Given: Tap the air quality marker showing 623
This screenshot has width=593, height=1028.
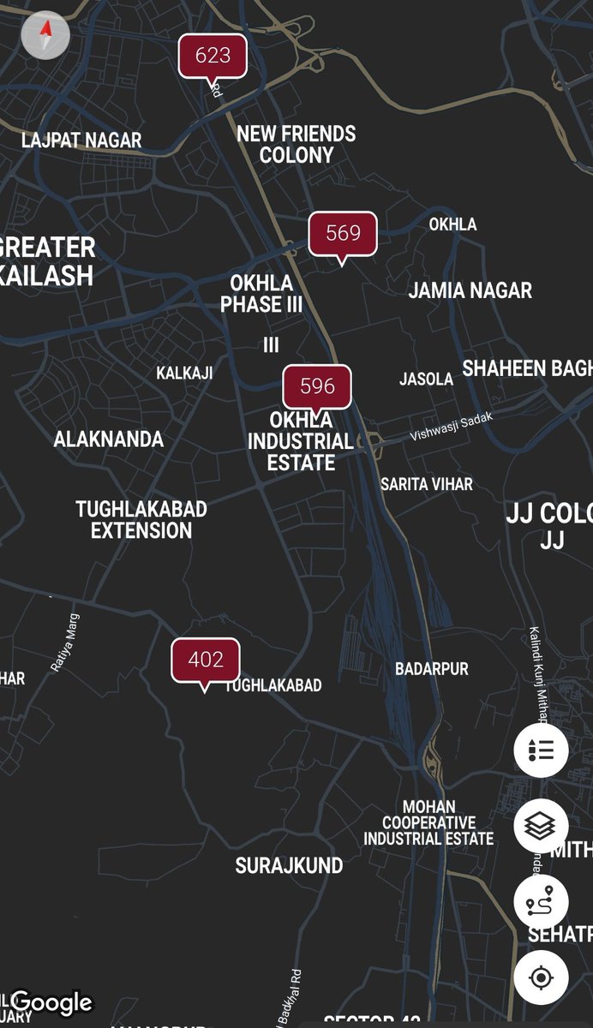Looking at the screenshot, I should [x=213, y=56].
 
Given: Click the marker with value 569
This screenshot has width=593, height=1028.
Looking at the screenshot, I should [x=343, y=233].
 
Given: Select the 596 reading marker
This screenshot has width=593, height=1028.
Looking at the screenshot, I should [x=317, y=385].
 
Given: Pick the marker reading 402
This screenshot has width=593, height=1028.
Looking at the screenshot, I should [x=206, y=660].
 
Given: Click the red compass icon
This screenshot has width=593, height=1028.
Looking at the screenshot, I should [x=45, y=36].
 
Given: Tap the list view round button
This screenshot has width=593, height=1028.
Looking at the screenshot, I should [x=541, y=750].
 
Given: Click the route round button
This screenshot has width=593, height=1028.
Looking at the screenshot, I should [x=541, y=902].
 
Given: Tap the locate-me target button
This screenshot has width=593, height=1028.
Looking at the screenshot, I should [x=541, y=977].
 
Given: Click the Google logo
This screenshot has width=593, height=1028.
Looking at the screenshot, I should [x=52, y=1002].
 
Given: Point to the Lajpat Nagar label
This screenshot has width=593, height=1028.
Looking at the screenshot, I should [x=81, y=140].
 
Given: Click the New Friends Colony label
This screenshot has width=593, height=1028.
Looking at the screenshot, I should [x=296, y=144].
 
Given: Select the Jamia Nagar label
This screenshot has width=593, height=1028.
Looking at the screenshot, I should [x=470, y=290].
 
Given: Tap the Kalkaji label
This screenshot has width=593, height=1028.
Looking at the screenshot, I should [x=184, y=373].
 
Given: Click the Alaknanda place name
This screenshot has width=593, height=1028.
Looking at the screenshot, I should [x=108, y=439].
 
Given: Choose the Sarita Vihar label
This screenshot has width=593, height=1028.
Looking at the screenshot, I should [x=427, y=484].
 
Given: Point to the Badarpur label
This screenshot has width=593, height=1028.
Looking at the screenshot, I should [x=432, y=669].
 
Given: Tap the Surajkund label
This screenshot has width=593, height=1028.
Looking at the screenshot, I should [x=289, y=865].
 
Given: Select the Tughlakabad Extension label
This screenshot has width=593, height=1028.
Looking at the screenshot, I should [x=141, y=519].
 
